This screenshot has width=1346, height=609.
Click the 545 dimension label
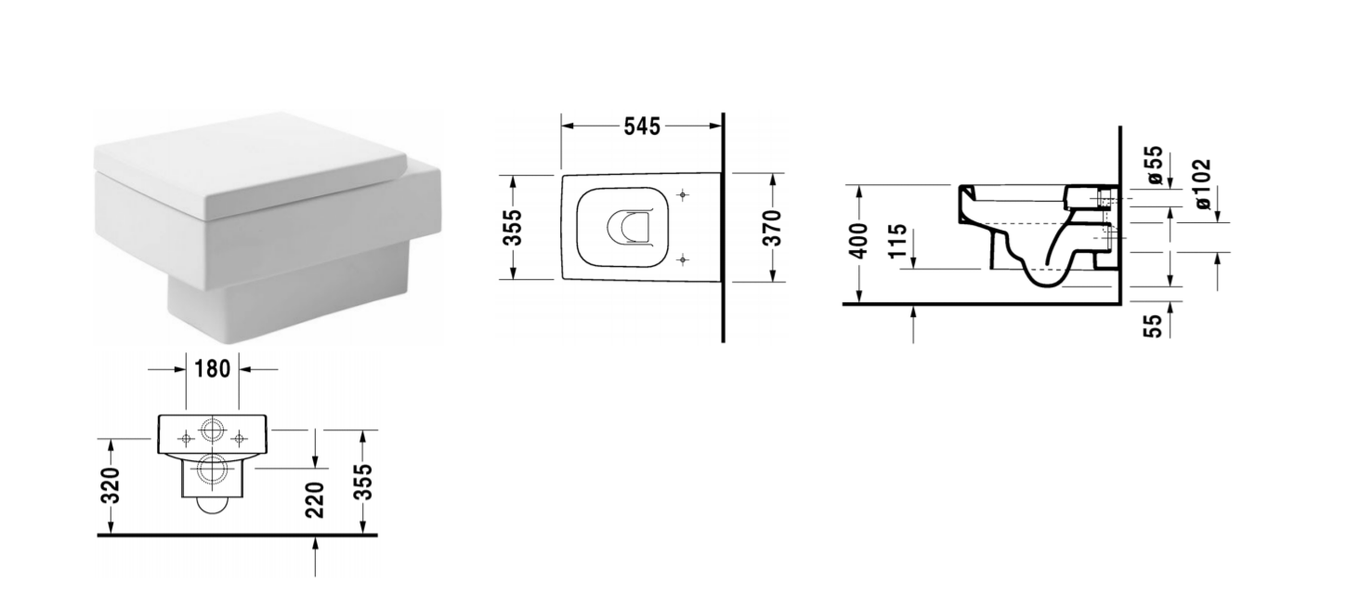642,126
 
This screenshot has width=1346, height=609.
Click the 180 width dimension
212,369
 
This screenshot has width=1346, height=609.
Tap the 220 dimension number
315,500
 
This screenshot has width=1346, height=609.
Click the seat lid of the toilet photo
251,163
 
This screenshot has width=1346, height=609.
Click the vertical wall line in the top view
722,228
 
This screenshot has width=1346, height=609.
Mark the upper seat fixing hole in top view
684,195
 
